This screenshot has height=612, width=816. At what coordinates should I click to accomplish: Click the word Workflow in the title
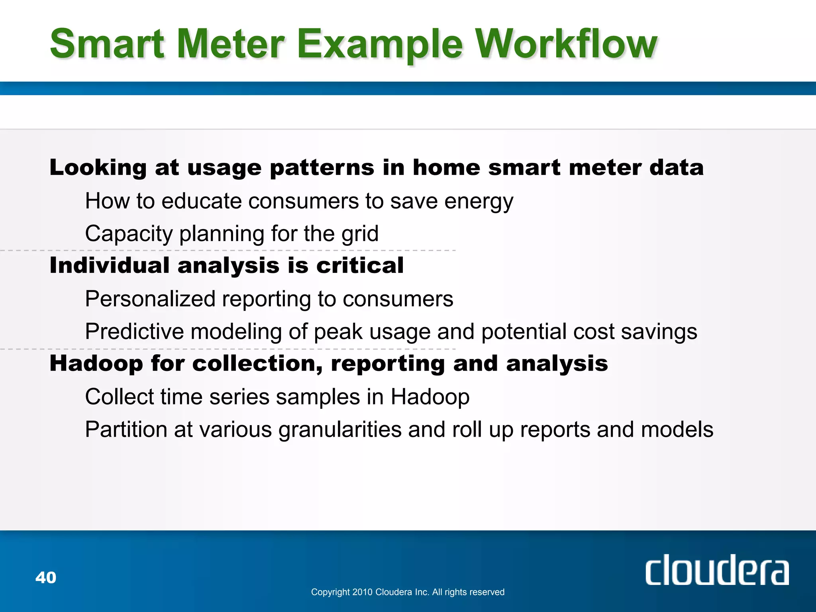(x=566, y=44)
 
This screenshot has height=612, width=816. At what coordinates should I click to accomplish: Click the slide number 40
(x=46, y=577)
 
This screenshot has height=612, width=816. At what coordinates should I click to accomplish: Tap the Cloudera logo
(x=716, y=571)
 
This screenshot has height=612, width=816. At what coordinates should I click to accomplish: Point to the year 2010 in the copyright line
(x=362, y=592)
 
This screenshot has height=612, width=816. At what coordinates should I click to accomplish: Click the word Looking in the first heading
(x=98, y=167)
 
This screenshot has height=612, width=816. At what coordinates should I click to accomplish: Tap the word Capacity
(x=129, y=234)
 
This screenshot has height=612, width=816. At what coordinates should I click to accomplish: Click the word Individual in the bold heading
(x=109, y=265)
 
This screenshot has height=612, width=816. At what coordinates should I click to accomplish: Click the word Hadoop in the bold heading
(x=96, y=363)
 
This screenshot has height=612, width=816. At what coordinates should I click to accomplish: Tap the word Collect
(x=119, y=397)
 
